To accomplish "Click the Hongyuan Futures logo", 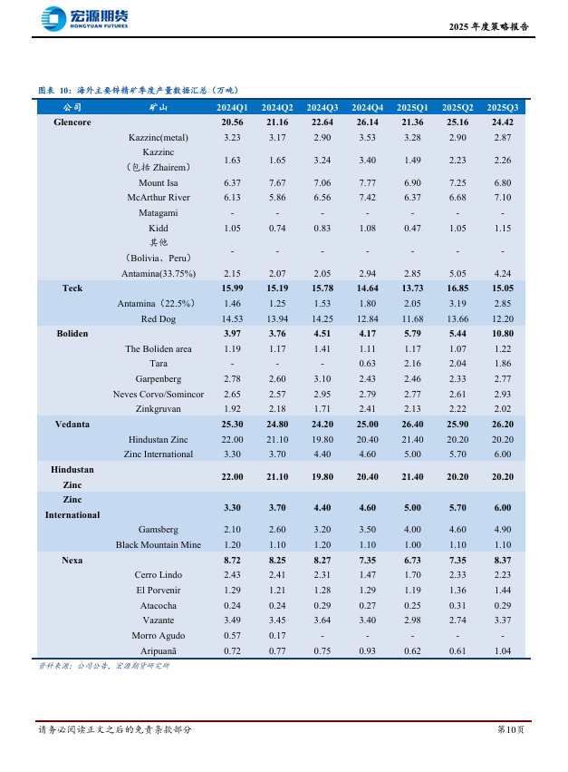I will click(x=84, y=18).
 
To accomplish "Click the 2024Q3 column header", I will click(x=322, y=107).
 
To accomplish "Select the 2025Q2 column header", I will click(x=457, y=107).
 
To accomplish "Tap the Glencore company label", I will click(x=72, y=122).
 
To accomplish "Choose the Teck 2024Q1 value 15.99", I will click(x=232, y=288).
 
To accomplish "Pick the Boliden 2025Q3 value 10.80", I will click(x=503, y=333).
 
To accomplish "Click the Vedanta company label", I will click(x=72, y=424).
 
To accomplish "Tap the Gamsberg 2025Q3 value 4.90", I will click(x=503, y=529).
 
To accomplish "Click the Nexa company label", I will click(x=72, y=560).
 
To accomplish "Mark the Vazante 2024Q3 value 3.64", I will click(x=322, y=621).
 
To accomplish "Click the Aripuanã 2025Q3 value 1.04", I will click(x=503, y=650).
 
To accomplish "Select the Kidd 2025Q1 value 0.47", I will click(x=412, y=228).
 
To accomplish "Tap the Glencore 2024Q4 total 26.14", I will click(x=367, y=122).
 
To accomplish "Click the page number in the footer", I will click(x=510, y=729).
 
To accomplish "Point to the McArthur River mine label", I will click(x=158, y=197).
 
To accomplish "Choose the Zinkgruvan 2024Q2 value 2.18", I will click(x=277, y=409).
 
